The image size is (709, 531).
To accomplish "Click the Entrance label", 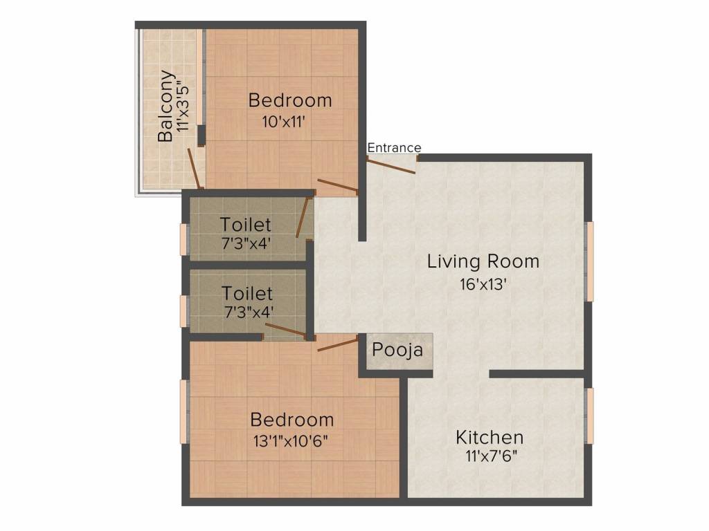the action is coord(394,148).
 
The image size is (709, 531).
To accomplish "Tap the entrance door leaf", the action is coord(391,165).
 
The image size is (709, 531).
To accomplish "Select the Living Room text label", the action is coord(483,261).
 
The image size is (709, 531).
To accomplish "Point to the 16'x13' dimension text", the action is coord(483,284).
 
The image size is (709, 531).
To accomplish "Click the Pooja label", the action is coord(397,350).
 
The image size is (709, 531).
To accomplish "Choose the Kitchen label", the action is coord(490,437).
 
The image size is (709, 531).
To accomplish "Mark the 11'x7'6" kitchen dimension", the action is coord(492,456).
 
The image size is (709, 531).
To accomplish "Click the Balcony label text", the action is coord(165,106).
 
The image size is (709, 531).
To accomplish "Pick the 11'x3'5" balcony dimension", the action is coord(182,106).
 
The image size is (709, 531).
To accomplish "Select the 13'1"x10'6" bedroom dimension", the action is coord(290,440).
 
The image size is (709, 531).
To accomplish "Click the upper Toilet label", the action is coord(246,225).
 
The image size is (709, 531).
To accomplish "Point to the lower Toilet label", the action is coord(247,293).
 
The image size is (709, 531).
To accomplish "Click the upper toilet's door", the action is coord(303,216).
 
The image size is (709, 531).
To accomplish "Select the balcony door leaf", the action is coord(195,168).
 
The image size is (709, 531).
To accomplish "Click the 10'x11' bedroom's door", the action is coord(338,185).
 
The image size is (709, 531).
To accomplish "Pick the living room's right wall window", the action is coord(590,261).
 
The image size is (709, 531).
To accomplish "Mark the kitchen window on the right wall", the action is coord(590,416).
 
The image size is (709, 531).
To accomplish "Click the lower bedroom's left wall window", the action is coord(184,411).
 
